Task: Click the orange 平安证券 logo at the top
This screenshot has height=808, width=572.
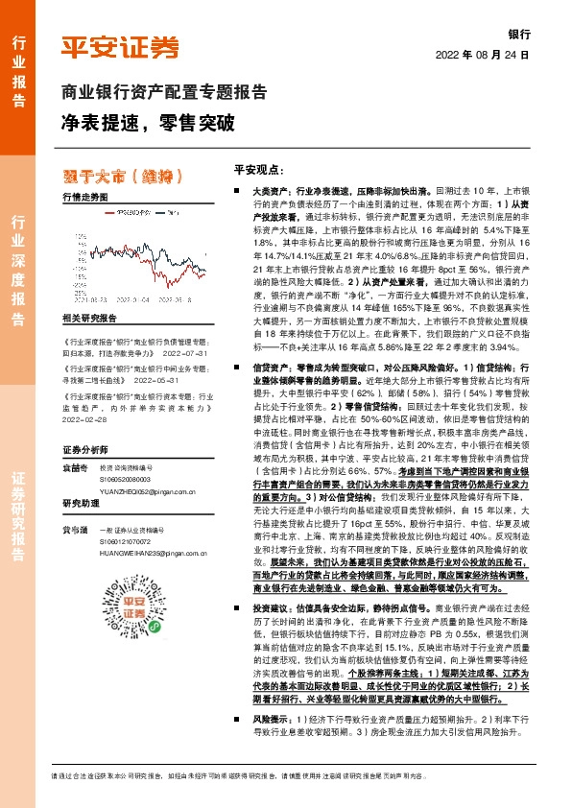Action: [119, 46]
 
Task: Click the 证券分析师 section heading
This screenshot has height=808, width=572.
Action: [82, 449]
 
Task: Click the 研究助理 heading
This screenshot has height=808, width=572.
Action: [81, 504]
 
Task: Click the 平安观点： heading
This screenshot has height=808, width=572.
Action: [260, 170]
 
